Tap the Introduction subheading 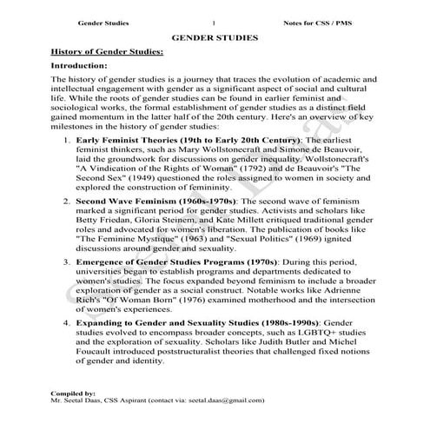pyautogui.click(x=79, y=66)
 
